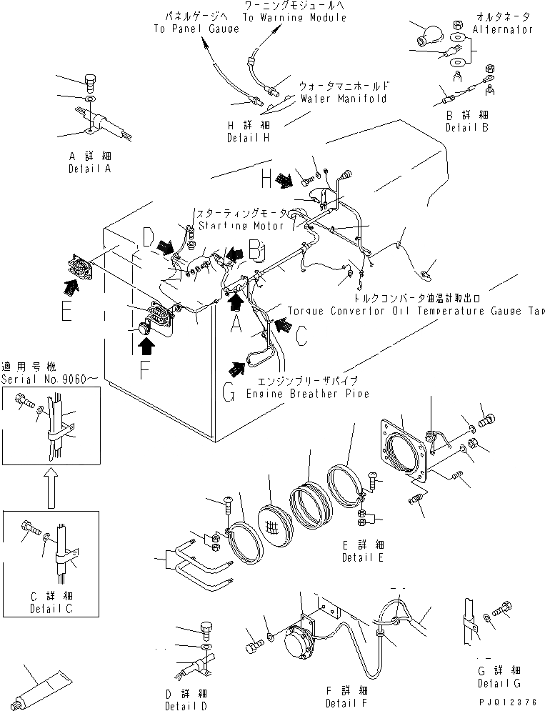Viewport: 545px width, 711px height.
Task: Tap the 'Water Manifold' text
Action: (x=343, y=99)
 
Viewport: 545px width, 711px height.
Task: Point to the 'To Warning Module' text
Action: (x=294, y=17)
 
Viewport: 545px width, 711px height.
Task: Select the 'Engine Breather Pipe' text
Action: (x=307, y=394)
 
